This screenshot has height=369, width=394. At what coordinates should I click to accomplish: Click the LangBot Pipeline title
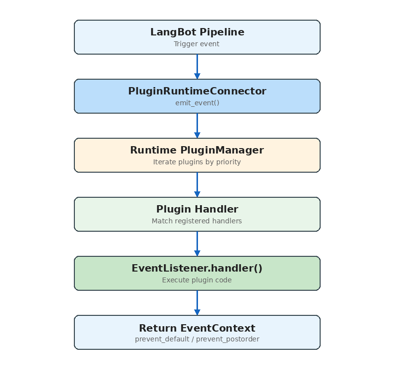(x=197, y=32)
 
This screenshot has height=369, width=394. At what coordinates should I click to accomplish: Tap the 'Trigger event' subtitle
(x=197, y=44)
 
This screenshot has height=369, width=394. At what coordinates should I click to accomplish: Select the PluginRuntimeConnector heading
(x=197, y=92)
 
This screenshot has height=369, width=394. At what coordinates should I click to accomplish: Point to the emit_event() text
(x=197, y=103)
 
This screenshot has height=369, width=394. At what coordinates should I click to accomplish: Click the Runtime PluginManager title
(x=197, y=151)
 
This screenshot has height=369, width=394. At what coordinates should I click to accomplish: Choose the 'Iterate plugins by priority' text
(x=197, y=162)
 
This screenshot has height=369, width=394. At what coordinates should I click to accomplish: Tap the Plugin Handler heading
(x=197, y=210)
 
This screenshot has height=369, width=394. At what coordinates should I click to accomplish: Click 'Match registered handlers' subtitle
(x=197, y=221)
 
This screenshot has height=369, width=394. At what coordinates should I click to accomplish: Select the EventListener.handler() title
(x=197, y=269)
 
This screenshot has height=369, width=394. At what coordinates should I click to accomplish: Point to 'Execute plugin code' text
(x=197, y=280)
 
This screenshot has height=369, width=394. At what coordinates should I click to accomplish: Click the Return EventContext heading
(x=197, y=328)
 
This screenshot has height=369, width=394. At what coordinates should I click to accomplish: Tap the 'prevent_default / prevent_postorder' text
(x=197, y=339)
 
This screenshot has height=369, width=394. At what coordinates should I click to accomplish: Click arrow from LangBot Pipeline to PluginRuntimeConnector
(x=197, y=66)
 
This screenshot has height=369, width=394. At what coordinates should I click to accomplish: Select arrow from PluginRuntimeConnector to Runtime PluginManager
(x=197, y=125)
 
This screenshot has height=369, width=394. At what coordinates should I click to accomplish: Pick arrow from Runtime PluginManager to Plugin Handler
(x=197, y=184)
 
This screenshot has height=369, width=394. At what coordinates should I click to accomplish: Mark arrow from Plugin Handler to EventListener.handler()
(x=197, y=244)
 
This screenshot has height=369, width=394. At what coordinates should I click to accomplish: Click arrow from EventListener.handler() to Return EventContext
(x=197, y=303)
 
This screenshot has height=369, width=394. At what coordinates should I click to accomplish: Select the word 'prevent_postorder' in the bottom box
(x=228, y=339)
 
